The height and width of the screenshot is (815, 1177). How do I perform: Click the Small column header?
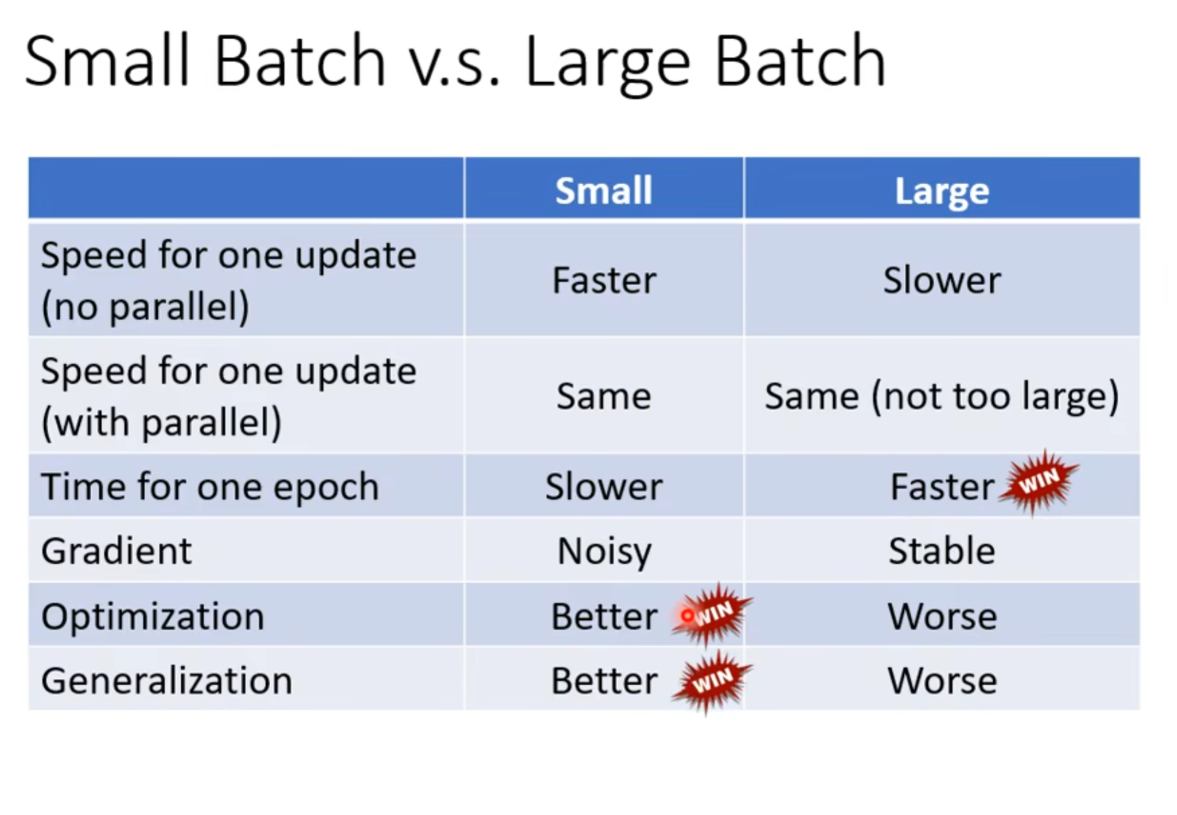click(x=604, y=191)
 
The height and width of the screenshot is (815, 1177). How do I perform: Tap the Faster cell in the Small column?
click(x=604, y=280)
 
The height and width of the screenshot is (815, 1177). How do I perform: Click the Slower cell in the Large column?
click(x=942, y=280)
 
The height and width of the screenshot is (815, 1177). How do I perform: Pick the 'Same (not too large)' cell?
click(x=942, y=396)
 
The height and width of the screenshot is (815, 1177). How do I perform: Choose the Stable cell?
click(x=942, y=550)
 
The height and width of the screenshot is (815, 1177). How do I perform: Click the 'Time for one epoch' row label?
click(x=210, y=487)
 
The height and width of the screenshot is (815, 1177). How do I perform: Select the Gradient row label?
click(x=116, y=550)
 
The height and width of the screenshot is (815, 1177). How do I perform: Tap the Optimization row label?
click(x=152, y=617)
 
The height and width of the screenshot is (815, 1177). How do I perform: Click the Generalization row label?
click(x=166, y=681)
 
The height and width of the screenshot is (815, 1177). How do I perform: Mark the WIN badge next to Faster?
click(x=1039, y=482)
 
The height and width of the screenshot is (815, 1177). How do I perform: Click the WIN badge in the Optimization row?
click(x=712, y=614)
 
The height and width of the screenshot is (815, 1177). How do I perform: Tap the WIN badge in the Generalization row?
click(x=712, y=681)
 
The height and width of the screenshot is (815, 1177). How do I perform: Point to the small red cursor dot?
click(x=687, y=616)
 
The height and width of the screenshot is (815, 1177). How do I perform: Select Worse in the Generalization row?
click(x=942, y=681)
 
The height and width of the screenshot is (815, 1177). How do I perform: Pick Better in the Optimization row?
click(x=604, y=617)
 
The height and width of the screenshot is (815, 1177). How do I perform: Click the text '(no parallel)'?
click(x=145, y=306)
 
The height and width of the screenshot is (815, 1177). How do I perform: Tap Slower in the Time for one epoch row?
click(x=604, y=487)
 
